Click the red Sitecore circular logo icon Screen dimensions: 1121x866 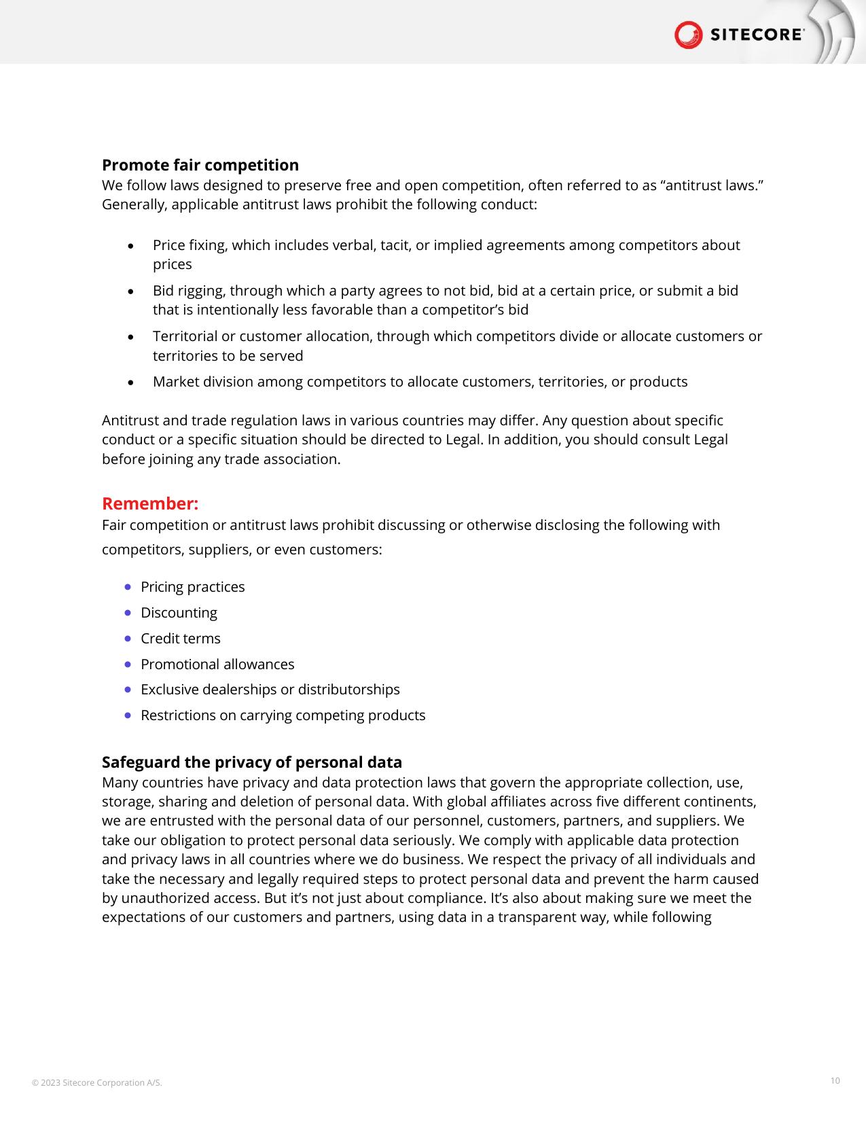coord(688,35)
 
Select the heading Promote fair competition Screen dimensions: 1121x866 coord(200,165)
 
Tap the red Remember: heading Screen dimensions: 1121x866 coord(149,503)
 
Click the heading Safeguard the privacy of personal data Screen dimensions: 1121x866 coord(251,762)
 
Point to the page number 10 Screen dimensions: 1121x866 coord(835,1080)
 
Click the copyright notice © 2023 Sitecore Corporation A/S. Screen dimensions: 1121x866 coord(96,1082)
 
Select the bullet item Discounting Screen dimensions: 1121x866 coord(179,613)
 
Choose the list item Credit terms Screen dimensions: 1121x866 coord(180,639)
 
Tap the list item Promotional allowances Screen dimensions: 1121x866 coord(217,664)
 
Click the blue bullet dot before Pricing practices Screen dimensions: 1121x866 coord(128,586)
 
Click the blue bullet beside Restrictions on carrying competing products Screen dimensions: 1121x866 coord(128,715)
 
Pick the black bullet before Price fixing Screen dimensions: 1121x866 coord(130,246)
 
